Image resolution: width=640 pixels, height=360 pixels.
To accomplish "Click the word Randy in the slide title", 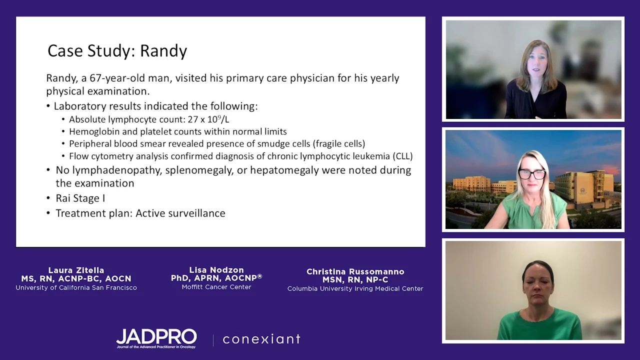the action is coord(163,51).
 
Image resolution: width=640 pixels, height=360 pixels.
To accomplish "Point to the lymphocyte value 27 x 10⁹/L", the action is coord(208,119).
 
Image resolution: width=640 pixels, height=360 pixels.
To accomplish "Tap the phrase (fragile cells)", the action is coord(339,143).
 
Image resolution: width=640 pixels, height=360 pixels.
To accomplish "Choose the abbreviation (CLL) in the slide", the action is coord(402,156).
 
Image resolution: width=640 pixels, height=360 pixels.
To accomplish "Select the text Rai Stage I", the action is coord(80,198).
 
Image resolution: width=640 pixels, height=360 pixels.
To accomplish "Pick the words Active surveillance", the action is coord(180,213).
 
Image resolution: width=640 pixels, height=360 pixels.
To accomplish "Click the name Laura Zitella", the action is coord(76,270).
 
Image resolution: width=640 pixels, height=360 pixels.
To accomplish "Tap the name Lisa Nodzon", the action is coord(216,269).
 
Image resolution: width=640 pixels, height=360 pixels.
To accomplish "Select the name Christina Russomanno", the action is coord(355,271).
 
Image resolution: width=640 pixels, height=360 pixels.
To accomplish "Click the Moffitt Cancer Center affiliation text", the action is coord(216,287).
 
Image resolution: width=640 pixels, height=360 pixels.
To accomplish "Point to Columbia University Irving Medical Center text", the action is coord(355,288).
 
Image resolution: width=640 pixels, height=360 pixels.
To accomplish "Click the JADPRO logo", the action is coord(156,338).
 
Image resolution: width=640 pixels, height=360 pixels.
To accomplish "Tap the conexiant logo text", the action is coord(261,339).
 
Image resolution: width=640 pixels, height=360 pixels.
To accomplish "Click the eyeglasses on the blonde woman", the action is coord(531,174).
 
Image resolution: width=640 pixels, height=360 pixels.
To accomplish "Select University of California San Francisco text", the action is coord(76,287).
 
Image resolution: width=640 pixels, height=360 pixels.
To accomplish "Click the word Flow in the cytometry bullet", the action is coord(77,156).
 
